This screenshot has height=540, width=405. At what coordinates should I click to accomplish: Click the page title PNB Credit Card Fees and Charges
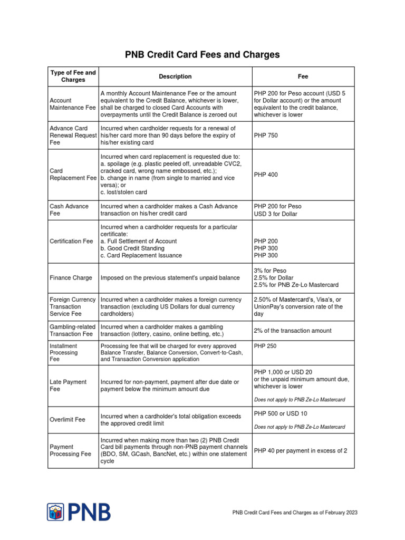coord(202,55)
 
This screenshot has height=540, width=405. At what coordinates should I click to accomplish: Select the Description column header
coord(175,76)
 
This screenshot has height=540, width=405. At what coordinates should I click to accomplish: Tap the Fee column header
coord(303,76)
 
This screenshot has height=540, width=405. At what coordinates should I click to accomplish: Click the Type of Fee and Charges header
coord(73,76)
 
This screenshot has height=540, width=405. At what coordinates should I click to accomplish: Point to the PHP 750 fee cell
coord(266,136)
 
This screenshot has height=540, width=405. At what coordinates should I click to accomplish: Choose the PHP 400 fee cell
coord(266,175)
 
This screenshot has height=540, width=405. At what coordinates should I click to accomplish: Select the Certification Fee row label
coord(71,241)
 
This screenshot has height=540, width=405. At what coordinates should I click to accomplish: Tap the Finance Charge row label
coord(71,278)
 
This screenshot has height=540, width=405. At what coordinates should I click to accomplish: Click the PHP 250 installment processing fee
coord(265,346)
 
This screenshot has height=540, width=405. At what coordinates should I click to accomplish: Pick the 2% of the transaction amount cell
coord(293,331)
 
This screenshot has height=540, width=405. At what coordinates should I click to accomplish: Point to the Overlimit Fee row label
coord(67,420)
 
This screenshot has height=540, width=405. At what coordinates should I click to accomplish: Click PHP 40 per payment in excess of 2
coord(301,450)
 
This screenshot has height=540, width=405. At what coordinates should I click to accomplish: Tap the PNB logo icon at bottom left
coord(55,512)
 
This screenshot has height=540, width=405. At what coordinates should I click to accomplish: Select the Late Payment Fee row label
coord(68,385)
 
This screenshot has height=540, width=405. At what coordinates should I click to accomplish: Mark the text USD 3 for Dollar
coord(275,214)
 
